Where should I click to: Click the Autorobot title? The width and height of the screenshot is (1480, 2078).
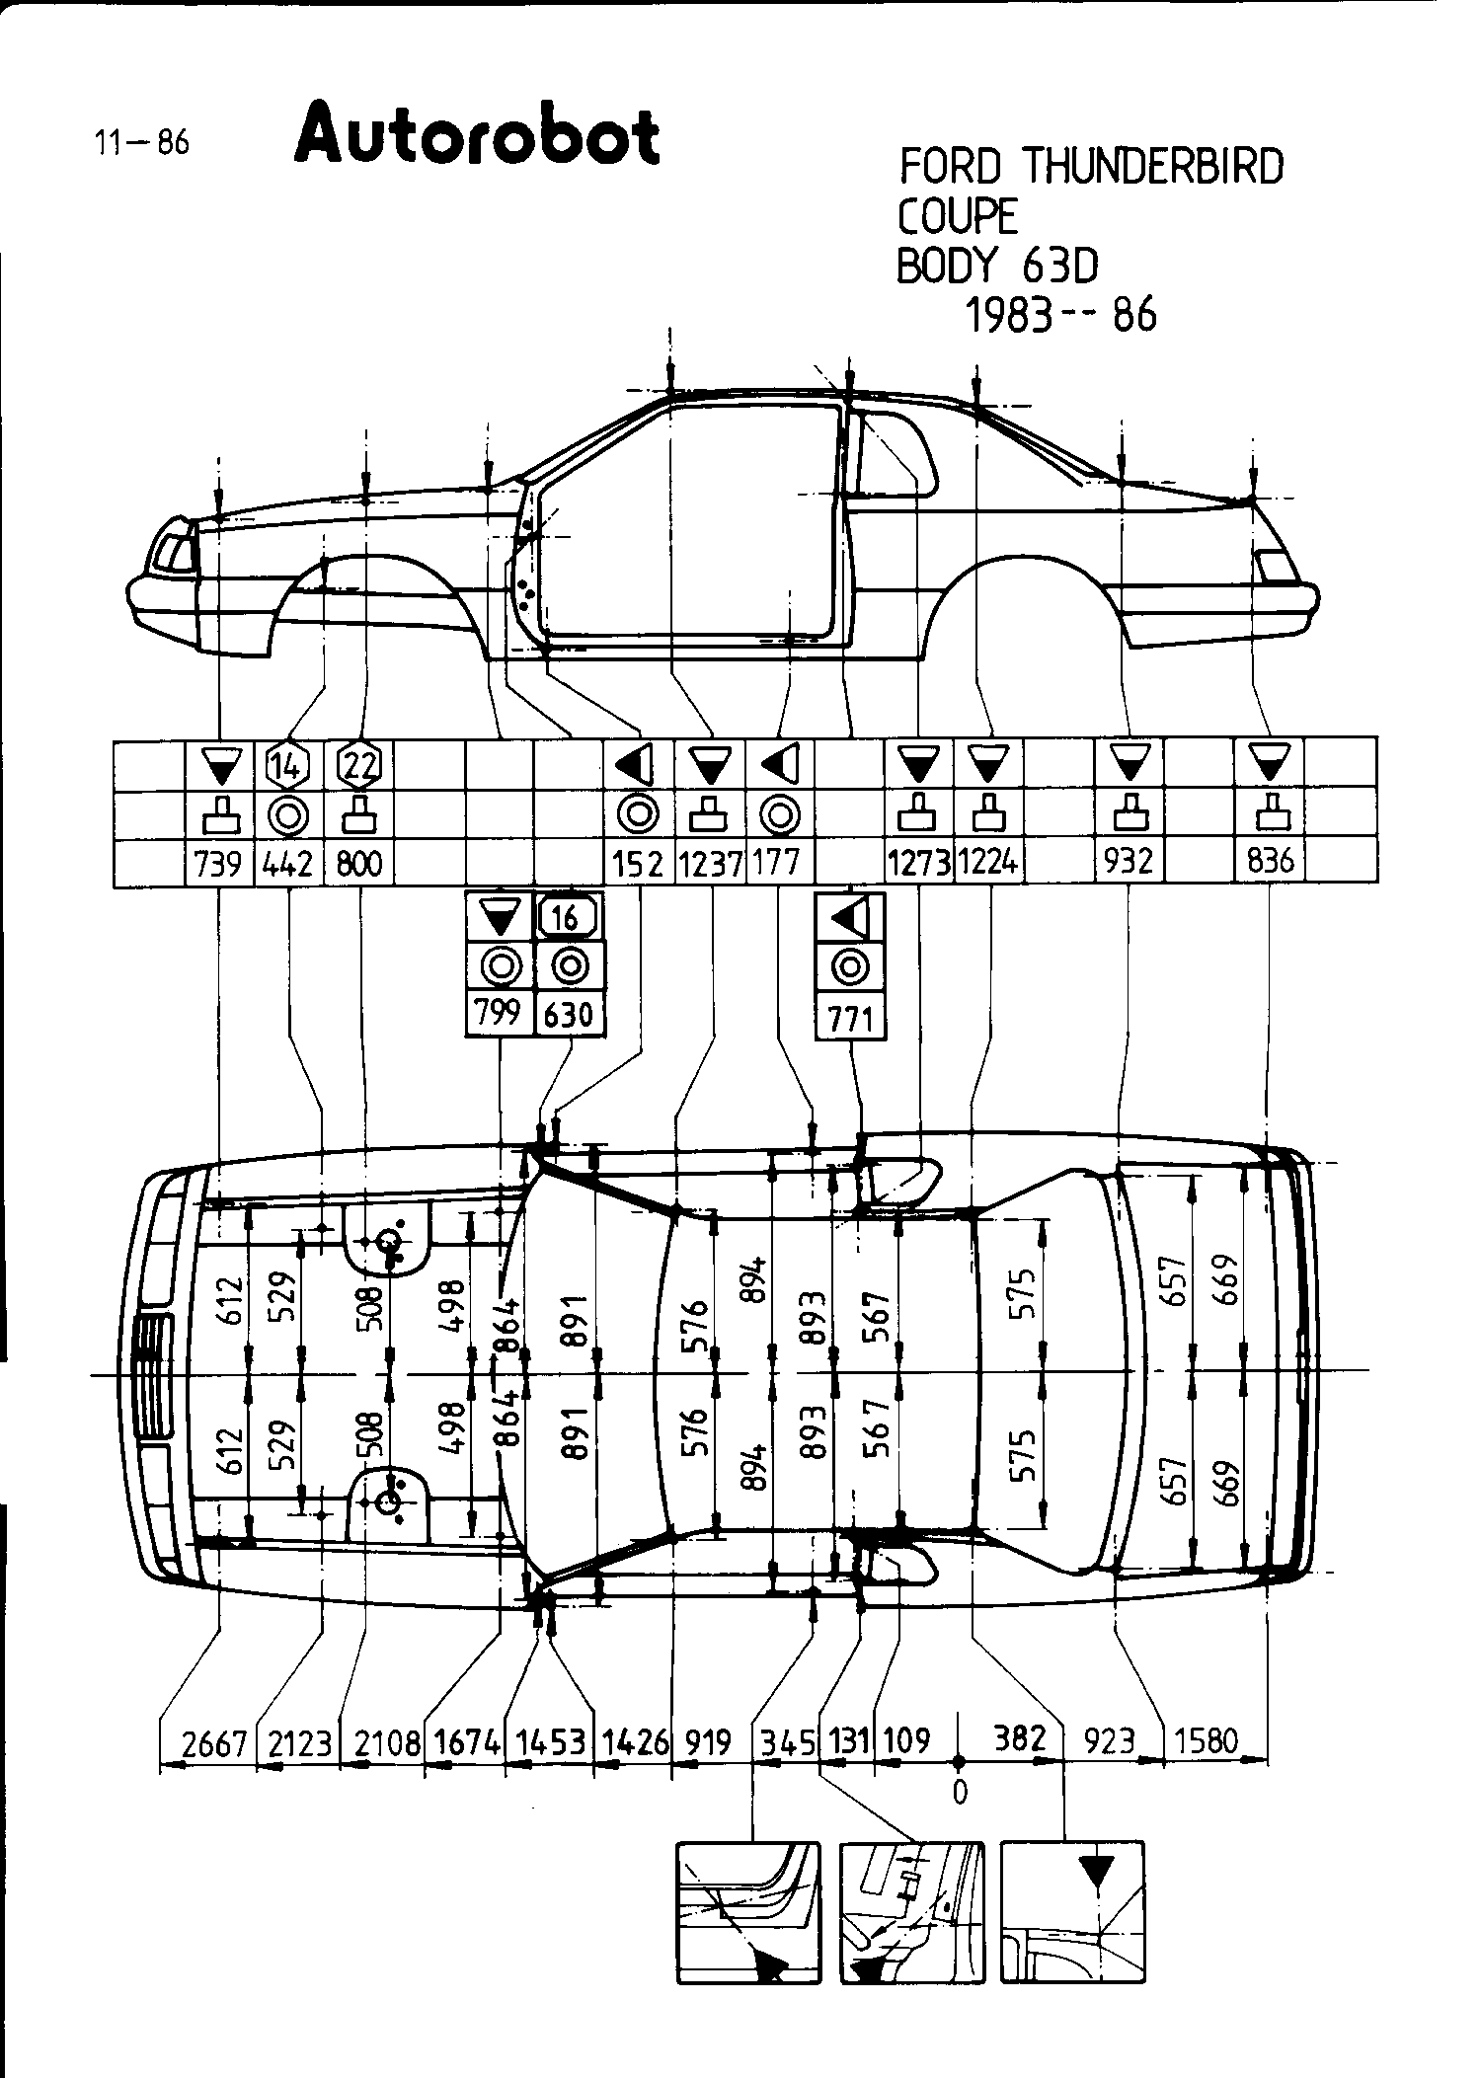pyautogui.click(x=477, y=135)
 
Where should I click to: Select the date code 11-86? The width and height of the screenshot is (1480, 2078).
pyautogui.click(x=141, y=143)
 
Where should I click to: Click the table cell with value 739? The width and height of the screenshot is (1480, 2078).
pyautogui.click(x=218, y=862)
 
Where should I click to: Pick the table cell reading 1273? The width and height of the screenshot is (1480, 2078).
pyautogui.click(x=919, y=863)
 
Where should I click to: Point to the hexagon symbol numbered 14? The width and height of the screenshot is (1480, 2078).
pyautogui.click(x=288, y=764)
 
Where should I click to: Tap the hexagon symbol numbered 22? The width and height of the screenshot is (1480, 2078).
pyautogui.click(x=359, y=764)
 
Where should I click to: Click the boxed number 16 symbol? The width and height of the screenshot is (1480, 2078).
pyautogui.click(x=568, y=918)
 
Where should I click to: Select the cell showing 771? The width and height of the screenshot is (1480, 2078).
pyautogui.click(x=850, y=1018)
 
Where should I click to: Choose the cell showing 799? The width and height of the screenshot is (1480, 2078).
pyautogui.click(x=499, y=1013)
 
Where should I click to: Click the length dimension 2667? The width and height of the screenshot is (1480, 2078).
pyautogui.click(x=213, y=1744)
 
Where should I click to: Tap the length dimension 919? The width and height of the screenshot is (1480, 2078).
pyautogui.click(x=707, y=1742)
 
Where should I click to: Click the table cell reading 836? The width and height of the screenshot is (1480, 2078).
pyautogui.click(x=1270, y=862)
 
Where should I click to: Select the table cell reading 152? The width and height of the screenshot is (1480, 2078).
pyautogui.click(x=638, y=864)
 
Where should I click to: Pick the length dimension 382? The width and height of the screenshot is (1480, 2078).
pyautogui.click(x=1019, y=1738)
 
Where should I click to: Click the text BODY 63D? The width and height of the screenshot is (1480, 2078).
pyautogui.click(x=997, y=265)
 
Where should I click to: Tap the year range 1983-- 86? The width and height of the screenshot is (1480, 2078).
pyautogui.click(x=1059, y=315)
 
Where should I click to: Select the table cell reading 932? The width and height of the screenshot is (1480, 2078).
pyautogui.click(x=1128, y=862)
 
